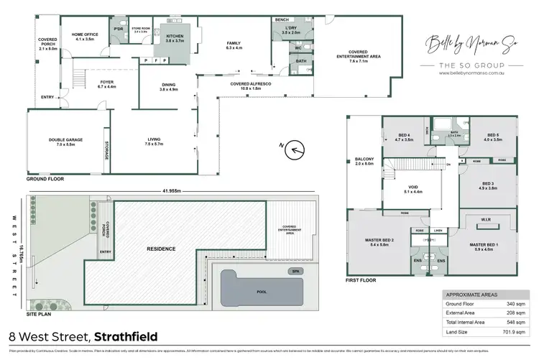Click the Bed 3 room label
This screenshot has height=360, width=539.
[x=488, y=186]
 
